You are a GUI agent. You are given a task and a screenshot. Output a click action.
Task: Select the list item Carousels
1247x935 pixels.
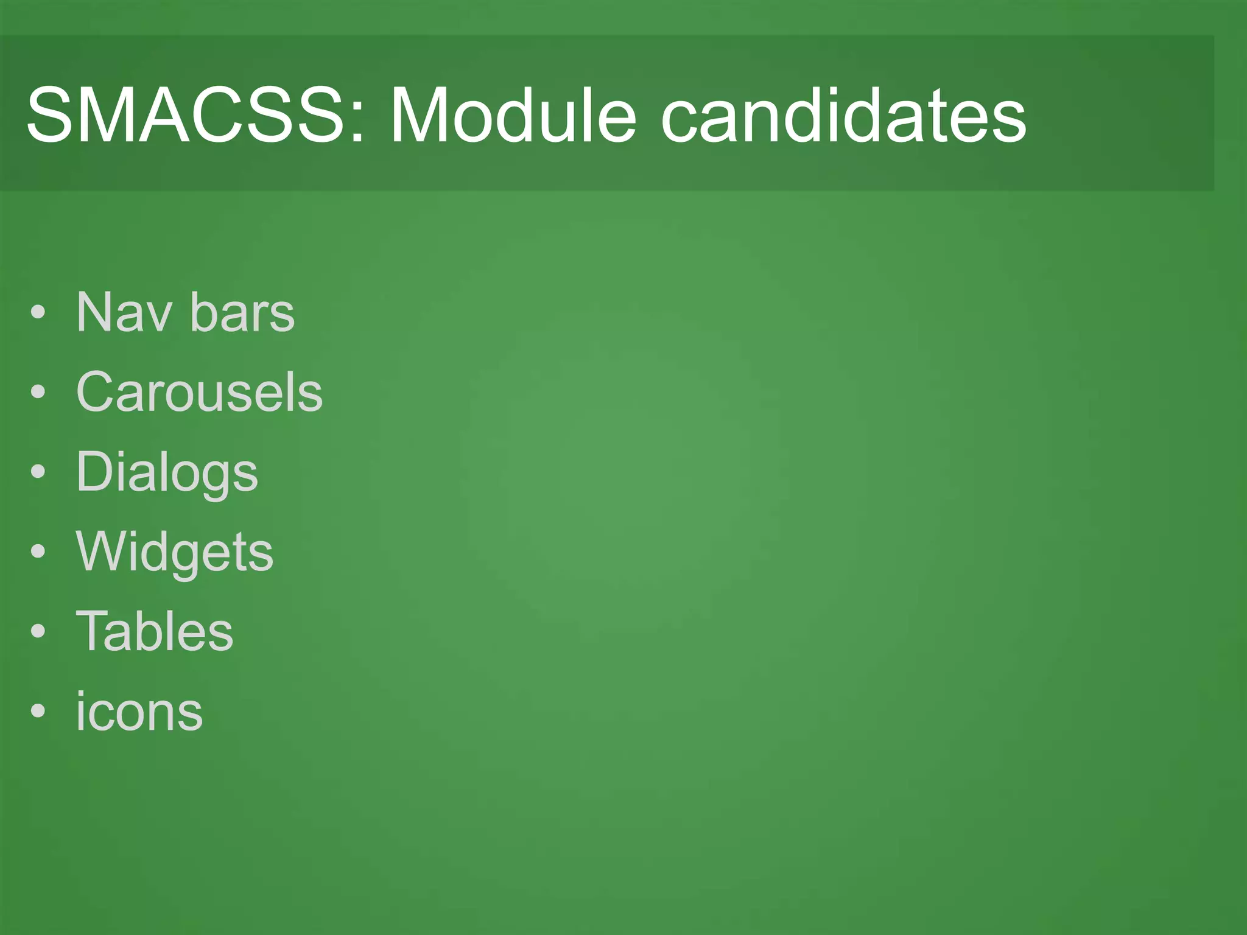click(x=199, y=392)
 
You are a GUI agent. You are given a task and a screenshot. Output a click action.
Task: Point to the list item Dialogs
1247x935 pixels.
click(x=167, y=473)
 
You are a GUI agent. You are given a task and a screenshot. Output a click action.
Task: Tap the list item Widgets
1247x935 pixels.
click(x=175, y=552)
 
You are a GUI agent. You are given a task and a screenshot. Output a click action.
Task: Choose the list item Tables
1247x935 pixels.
click(x=155, y=631)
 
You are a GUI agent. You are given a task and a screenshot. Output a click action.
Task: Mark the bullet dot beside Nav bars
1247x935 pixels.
click(x=38, y=313)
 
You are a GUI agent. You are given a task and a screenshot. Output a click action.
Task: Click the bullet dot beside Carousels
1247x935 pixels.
click(x=38, y=393)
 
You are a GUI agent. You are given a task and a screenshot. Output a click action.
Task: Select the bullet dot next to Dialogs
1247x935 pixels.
click(x=38, y=473)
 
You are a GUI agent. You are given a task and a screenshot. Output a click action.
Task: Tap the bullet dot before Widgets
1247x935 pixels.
click(x=38, y=552)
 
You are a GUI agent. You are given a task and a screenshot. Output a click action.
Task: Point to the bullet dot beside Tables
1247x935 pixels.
click(x=38, y=632)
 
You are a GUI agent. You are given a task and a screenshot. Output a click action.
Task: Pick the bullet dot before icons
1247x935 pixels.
click(x=38, y=712)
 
